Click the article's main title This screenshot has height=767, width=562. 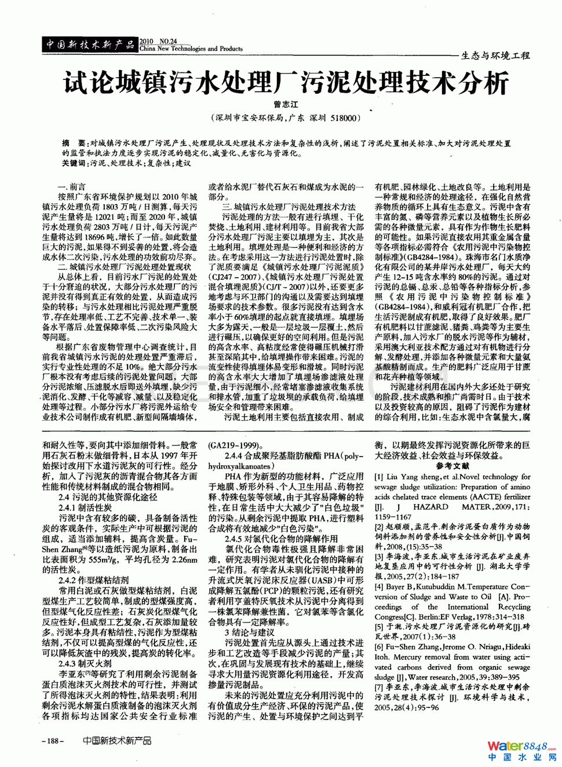point(285,83)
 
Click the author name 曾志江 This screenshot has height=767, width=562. point(286,105)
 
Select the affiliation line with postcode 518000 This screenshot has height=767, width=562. point(286,118)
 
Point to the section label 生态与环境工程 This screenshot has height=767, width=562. point(495,56)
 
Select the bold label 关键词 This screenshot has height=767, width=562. point(74,163)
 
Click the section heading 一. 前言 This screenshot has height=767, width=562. point(71,187)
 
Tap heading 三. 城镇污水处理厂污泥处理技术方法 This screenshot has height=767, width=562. point(289,207)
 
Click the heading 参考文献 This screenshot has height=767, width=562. point(452,466)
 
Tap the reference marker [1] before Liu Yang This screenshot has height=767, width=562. point(379,477)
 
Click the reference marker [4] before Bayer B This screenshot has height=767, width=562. point(379,587)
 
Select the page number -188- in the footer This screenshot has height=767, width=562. point(53,741)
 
